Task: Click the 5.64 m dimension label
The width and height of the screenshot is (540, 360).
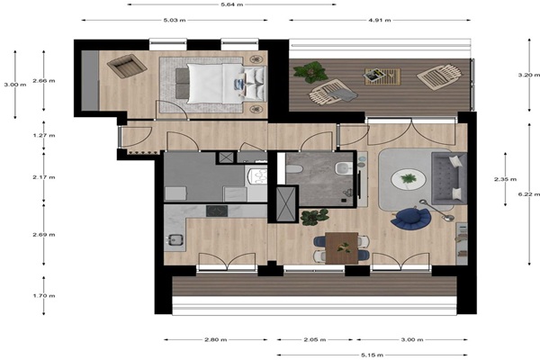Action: click(232, 4)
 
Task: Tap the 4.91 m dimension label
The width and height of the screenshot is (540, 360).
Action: click(380, 20)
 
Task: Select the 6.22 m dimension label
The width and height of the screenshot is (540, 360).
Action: click(529, 194)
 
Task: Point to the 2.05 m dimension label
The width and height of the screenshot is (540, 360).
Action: click(315, 339)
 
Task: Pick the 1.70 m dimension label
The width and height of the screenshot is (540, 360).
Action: click(44, 295)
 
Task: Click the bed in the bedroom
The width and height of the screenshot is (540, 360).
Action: click(221, 84)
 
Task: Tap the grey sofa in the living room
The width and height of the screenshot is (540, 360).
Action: click(449, 178)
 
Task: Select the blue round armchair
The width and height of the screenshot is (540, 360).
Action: click(411, 219)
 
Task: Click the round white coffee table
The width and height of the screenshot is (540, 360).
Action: click(408, 179)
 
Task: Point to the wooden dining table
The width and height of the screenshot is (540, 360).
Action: click(341, 248)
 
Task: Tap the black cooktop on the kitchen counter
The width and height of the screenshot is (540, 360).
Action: click(217, 211)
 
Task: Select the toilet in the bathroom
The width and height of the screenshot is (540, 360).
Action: click(294, 169)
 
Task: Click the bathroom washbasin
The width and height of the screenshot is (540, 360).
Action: click(343, 167)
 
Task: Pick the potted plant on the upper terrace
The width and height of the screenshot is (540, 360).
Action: click(310, 72)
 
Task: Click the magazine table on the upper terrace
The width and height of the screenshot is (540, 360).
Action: click(382, 76)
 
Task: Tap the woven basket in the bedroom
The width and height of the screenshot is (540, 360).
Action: click(127, 66)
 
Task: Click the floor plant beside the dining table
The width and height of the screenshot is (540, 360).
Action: click(314, 217)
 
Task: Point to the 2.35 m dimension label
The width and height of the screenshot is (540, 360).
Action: click(505, 179)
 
